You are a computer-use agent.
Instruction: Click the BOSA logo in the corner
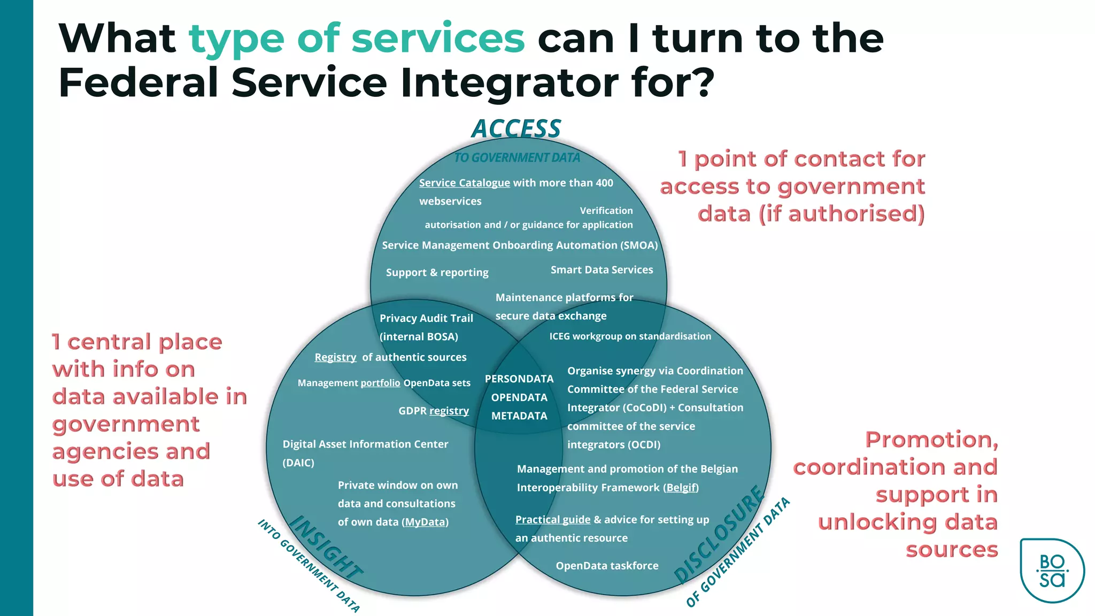point(1052,570)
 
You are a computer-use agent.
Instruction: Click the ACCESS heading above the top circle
point(516,129)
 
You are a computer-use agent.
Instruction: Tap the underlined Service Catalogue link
point(464,183)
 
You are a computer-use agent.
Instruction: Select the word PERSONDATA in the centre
point(519,379)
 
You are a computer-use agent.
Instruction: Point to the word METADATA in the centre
point(519,415)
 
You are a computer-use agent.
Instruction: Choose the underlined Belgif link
point(681,488)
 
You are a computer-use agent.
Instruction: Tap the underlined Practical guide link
point(553,520)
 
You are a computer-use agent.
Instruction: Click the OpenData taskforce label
point(607,566)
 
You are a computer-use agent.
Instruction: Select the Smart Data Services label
point(602,270)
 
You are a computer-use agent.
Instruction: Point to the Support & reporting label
point(437,273)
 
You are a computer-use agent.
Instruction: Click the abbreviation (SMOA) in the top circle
point(639,245)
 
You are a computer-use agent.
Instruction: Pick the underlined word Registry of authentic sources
point(335,357)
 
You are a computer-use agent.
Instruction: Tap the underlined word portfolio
point(380,383)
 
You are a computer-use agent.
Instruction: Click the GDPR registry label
point(434,411)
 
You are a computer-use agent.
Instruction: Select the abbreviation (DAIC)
point(298,463)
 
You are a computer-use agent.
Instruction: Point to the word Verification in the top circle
point(606,211)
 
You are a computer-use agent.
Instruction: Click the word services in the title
point(437,38)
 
